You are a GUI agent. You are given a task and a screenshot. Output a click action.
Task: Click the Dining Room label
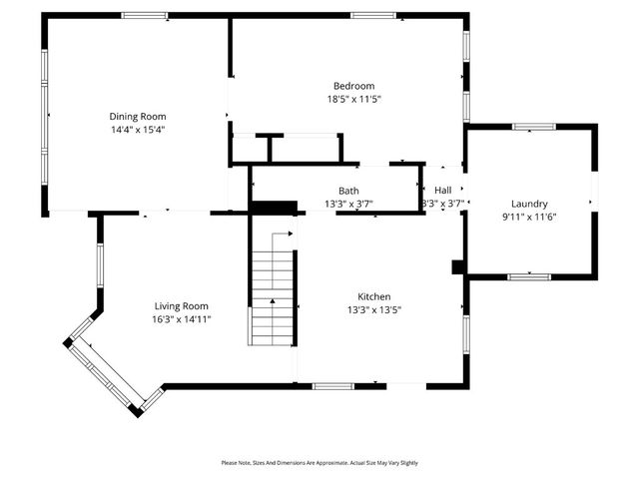138,116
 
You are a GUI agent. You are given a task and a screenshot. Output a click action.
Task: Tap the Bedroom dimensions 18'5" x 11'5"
354,99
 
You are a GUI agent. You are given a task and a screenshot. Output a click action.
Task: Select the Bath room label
348,191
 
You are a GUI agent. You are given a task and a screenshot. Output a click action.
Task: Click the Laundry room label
529,204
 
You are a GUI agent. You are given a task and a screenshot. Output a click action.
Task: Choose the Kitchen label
374,296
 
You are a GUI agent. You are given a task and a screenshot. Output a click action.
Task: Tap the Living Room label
181,305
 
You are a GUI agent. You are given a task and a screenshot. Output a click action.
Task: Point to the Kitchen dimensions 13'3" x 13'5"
374,309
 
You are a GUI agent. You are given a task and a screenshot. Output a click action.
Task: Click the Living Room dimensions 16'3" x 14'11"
181,318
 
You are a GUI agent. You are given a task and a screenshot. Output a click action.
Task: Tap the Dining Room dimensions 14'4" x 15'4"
138,129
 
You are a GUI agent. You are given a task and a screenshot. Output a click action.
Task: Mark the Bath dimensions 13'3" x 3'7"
348,204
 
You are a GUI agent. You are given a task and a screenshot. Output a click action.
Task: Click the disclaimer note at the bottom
319,463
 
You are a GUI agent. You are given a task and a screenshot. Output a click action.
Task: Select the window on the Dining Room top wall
145,15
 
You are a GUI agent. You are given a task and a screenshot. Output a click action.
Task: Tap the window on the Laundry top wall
533,127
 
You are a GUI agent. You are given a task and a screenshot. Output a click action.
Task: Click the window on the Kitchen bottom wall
332,386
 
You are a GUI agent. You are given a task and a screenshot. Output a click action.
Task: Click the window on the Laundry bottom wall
529,276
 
